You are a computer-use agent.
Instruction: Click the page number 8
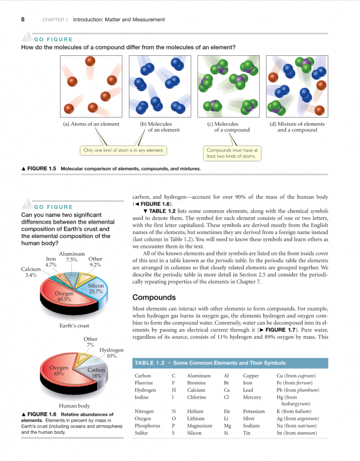coord(22,20)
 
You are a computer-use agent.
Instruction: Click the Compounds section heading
coord(154,298)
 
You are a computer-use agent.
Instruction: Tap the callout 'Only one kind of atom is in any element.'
coord(124,150)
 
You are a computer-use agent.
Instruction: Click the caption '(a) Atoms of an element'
coord(91,124)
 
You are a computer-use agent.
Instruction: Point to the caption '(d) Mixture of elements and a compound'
coord(297,127)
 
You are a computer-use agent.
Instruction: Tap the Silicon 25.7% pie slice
coord(94,289)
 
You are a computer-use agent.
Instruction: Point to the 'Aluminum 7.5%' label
coord(72,256)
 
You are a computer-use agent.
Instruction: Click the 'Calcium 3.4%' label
coord(31,272)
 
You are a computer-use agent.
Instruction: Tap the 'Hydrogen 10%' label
coord(111,353)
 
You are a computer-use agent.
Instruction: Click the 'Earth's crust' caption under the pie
coord(74,326)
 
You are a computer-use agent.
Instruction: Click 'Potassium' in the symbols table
coord(254,412)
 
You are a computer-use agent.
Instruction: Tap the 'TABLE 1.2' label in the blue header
coord(149,363)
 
